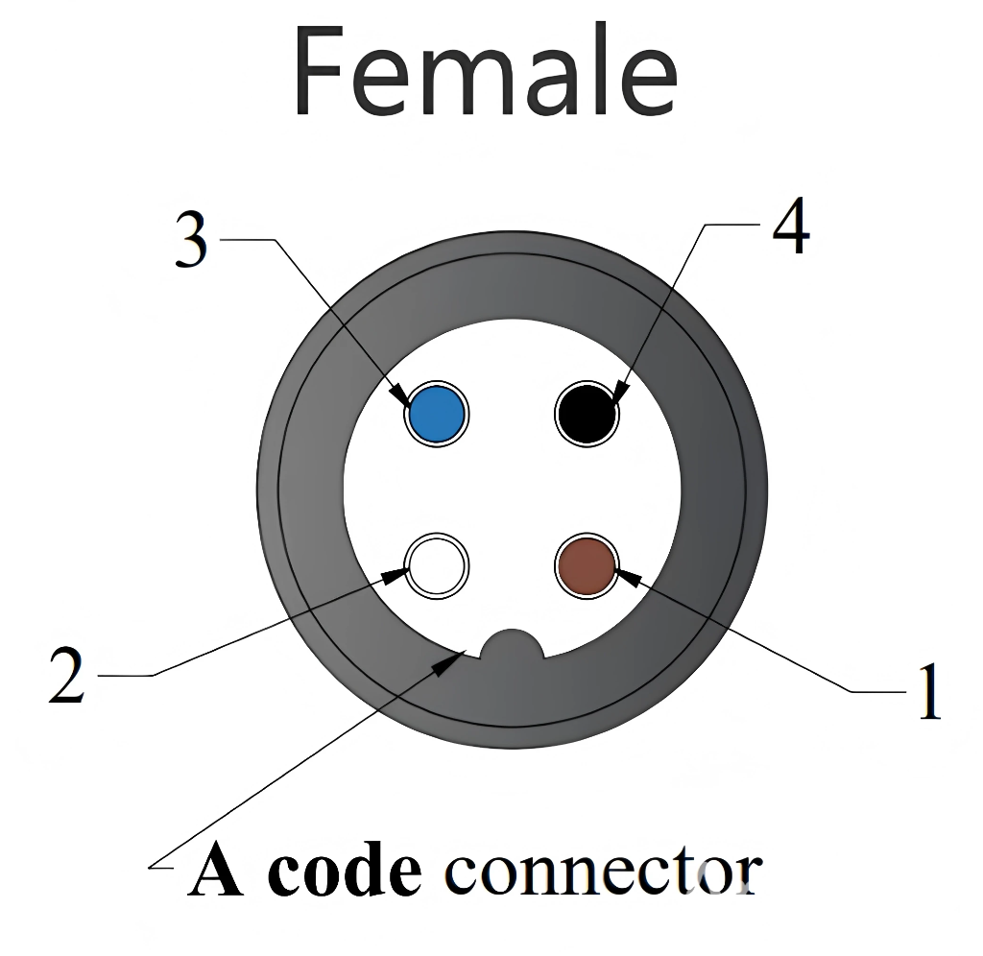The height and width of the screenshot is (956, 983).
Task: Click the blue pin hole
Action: click(x=436, y=414)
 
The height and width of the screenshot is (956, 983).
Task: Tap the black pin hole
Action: click(x=587, y=414)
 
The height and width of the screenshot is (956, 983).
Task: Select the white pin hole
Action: click(x=437, y=566)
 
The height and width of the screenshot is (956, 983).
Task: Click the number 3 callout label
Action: click(x=192, y=241)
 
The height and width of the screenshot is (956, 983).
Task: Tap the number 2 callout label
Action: click(x=67, y=676)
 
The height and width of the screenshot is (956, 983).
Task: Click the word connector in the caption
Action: click(x=604, y=872)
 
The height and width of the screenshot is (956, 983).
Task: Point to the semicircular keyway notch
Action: click(x=513, y=646)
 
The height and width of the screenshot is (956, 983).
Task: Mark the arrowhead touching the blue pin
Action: click(x=396, y=392)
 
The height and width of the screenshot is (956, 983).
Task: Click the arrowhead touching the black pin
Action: click(x=619, y=394)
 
